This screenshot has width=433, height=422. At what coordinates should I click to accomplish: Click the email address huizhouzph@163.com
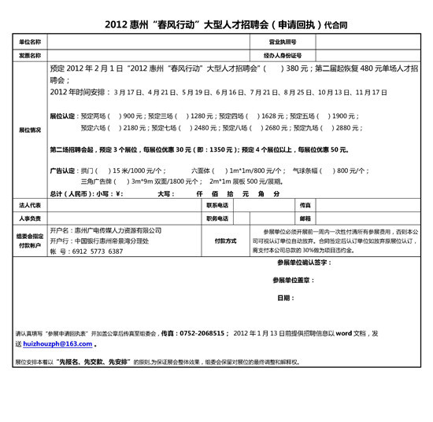[x=58, y=343]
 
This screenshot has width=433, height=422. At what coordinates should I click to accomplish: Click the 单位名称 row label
[x=31, y=40]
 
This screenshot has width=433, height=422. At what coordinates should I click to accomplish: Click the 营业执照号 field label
[x=282, y=40]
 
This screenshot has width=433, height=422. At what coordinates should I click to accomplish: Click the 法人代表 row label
[x=31, y=204]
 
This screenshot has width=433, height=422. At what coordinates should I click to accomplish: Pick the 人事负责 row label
[x=31, y=218]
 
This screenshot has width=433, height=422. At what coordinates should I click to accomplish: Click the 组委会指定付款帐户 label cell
[x=31, y=240]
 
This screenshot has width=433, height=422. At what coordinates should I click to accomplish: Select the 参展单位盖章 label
[x=292, y=280]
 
